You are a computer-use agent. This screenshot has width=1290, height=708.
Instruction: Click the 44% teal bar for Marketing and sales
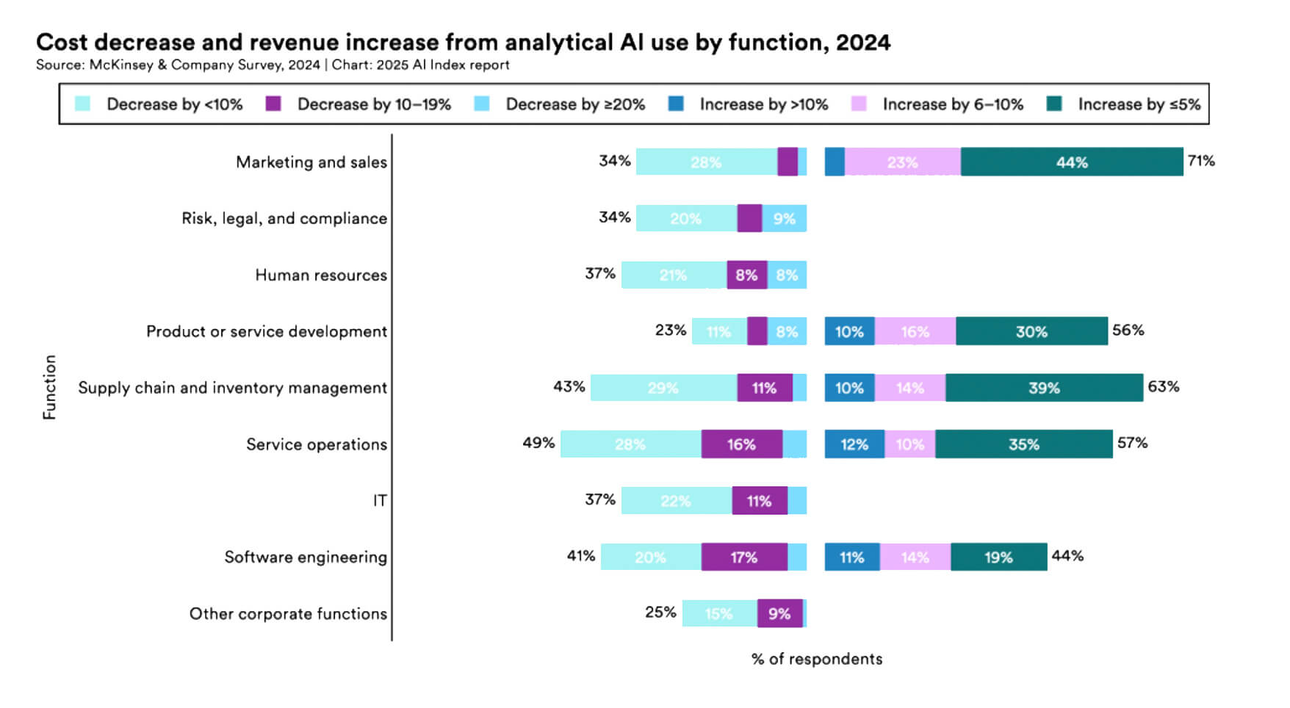pyautogui.click(x=1071, y=162)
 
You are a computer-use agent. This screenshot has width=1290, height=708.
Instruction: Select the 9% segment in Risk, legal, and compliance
pyautogui.click(x=784, y=219)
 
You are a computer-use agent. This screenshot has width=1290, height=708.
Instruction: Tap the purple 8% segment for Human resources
pyautogui.click(x=746, y=275)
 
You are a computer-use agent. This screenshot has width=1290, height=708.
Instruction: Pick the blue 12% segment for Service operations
pyautogui.click(x=854, y=444)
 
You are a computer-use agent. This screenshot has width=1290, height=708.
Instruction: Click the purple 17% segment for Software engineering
pyautogui.click(x=743, y=557)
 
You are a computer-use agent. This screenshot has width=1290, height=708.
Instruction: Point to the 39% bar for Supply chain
pyautogui.click(x=1043, y=388)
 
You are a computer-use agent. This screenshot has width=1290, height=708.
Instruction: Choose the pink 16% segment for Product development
pyautogui.click(x=915, y=332)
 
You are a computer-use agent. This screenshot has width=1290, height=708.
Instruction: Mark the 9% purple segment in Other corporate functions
pyautogui.click(x=779, y=614)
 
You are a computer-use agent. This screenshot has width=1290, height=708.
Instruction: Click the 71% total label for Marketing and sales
pyautogui.click(x=1201, y=161)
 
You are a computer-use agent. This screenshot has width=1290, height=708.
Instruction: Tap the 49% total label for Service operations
pyautogui.click(x=538, y=443)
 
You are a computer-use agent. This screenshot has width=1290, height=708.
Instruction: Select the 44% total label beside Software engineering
pyautogui.click(x=1067, y=556)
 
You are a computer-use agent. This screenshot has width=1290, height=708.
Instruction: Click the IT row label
pyautogui.click(x=379, y=501)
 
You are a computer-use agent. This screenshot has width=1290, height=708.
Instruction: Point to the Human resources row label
pyautogui.click(x=320, y=275)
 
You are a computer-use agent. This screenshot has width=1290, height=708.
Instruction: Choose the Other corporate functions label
pyautogui.click(x=288, y=614)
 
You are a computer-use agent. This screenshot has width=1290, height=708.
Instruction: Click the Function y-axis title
pyautogui.click(x=49, y=387)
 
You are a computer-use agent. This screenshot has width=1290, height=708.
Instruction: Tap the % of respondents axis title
pyautogui.click(x=816, y=659)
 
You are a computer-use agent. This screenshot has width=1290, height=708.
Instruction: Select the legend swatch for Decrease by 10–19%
pyautogui.click(x=273, y=104)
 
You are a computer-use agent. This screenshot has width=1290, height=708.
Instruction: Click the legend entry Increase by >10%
pyautogui.click(x=763, y=104)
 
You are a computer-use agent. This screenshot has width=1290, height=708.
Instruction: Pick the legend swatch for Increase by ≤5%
pyautogui.click(x=1054, y=104)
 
